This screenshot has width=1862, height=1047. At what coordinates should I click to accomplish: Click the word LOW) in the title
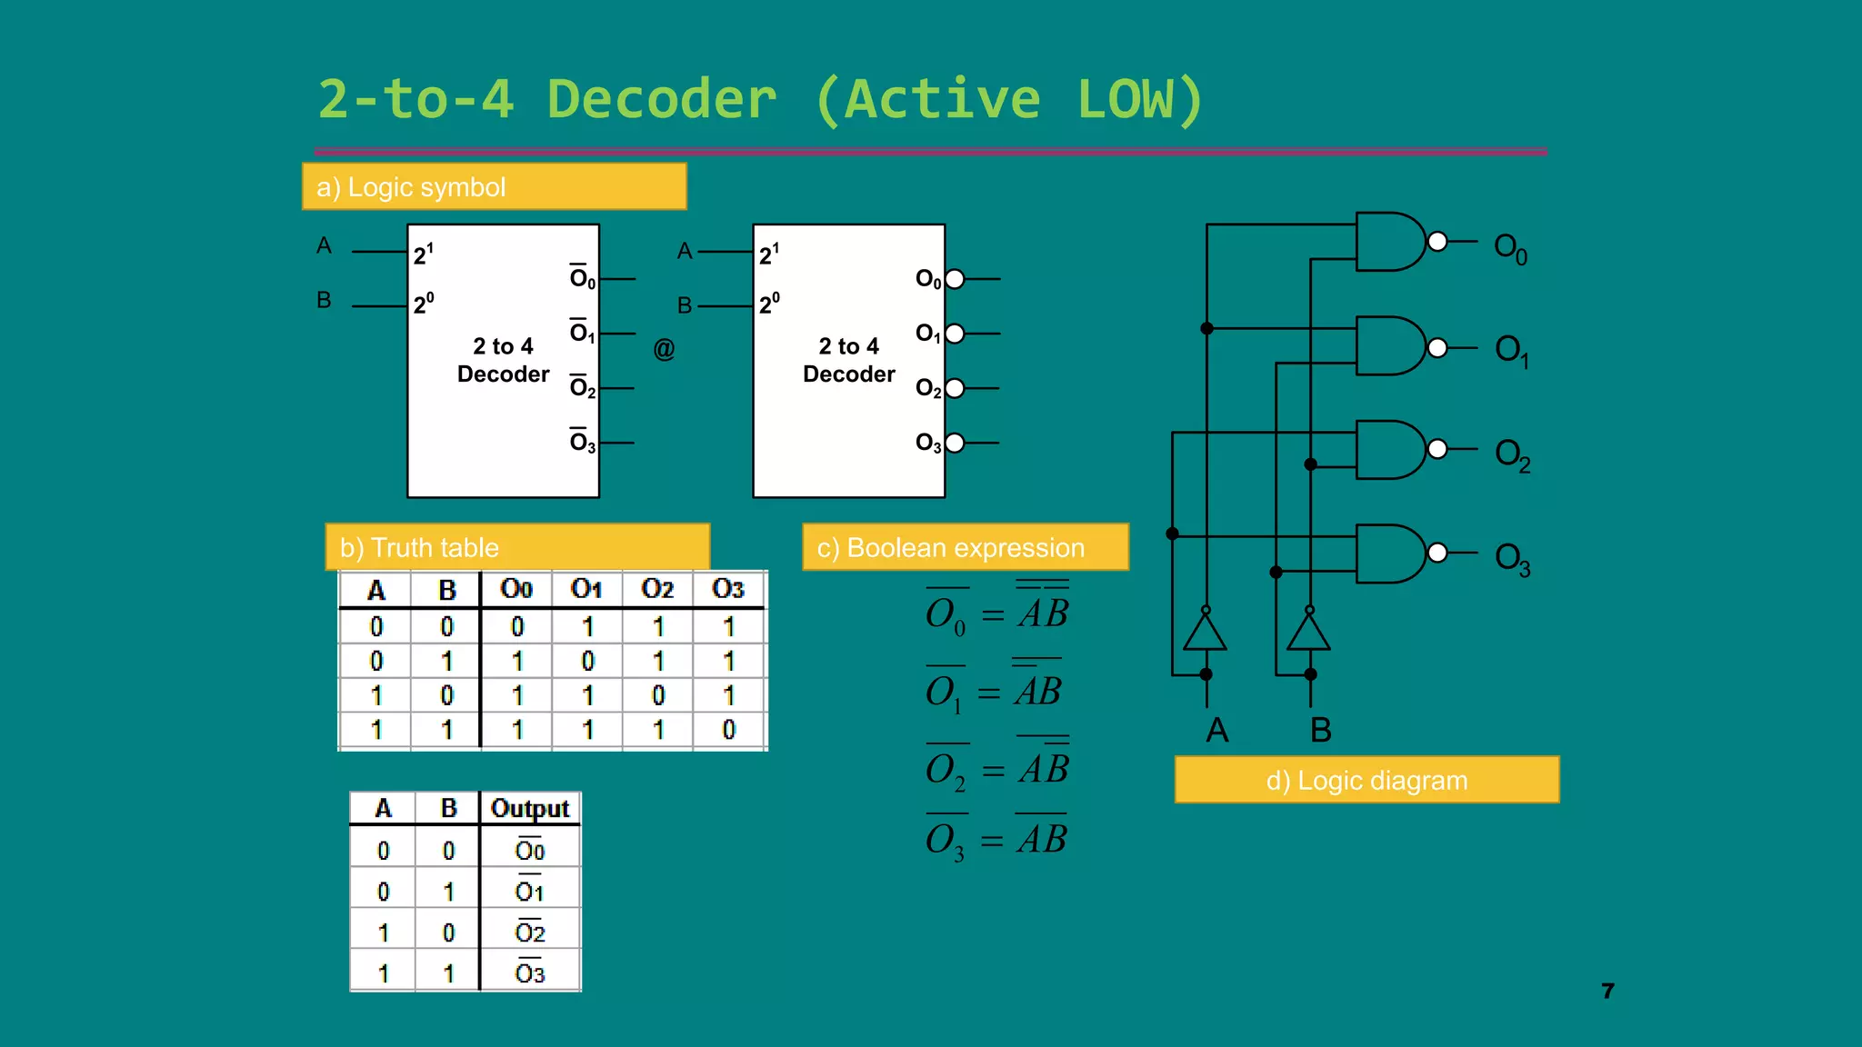[x=1140, y=100]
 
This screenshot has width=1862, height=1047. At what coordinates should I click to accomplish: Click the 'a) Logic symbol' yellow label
[x=494, y=187]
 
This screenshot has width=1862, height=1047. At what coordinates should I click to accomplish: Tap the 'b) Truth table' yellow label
[x=517, y=547]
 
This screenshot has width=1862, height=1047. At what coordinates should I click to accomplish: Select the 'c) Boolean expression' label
[x=965, y=547]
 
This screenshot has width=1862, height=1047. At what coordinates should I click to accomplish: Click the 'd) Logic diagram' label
[x=1366, y=780]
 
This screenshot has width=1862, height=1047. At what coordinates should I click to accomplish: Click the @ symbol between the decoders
[x=664, y=349]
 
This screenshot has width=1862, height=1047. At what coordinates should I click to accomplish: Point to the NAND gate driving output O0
[x=1391, y=242]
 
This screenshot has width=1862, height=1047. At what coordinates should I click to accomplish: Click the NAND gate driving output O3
[x=1391, y=553]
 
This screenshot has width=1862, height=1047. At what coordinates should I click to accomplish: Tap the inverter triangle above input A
[x=1206, y=631]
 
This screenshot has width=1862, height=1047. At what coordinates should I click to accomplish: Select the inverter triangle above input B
[x=1309, y=631]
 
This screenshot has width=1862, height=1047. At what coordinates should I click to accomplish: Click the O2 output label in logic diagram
[x=1512, y=454]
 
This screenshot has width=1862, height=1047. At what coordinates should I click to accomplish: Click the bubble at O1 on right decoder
[x=955, y=334]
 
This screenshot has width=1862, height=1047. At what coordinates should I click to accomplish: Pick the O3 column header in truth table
[x=728, y=589]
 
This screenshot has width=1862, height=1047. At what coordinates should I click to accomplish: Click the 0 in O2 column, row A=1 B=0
[x=658, y=695]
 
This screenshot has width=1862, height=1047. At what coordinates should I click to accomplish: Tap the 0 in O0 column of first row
[x=516, y=626]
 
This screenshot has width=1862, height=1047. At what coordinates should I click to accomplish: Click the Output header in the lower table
[x=529, y=808]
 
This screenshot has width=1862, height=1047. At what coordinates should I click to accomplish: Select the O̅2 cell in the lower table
[x=529, y=932]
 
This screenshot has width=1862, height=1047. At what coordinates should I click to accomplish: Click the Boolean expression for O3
[x=996, y=839]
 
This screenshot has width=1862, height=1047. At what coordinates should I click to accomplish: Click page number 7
[x=1607, y=991]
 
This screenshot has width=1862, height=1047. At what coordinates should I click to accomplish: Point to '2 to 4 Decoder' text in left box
[x=503, y=360]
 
